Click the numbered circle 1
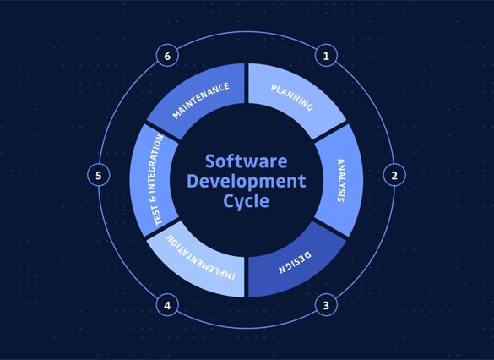point(326,56)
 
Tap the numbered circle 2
point(394,175)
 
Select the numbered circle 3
point(326,305)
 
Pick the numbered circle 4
point(167,305)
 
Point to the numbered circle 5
point(99,175)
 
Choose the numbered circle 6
point(167,56)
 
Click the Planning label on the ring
point(292,98)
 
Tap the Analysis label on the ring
point(341,180)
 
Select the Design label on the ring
point(295,262)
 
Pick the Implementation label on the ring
point(201,257)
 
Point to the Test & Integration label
point(155,180)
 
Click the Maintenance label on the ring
point(201,101)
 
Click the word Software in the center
point(246,161)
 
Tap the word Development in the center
point(247,181)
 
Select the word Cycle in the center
point(247,201)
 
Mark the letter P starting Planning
point(274,88)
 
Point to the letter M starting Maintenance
point(176,114)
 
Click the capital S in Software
point(210,161)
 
